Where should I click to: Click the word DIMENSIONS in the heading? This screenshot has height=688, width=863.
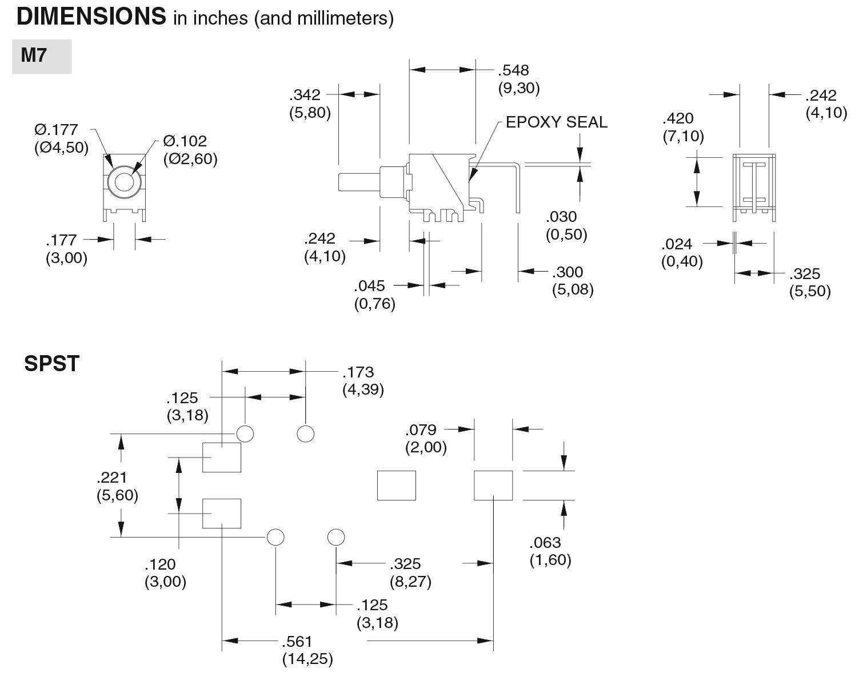point(91,17)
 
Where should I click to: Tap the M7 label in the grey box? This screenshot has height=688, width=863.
point(34,55)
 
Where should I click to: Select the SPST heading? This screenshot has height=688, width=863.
point(52,364)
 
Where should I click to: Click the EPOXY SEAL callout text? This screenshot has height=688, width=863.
point(556,122)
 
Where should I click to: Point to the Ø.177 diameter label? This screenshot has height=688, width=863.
point(56,130)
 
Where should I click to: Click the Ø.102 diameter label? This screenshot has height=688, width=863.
point(185,141)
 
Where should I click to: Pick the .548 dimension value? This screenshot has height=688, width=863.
point(513,70)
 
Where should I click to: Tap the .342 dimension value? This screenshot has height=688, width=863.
point(305,95)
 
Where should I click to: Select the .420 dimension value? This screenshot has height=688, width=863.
point(678,118)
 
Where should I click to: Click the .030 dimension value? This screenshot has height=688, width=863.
point(561,217)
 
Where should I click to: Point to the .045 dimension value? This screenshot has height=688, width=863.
point(369,286)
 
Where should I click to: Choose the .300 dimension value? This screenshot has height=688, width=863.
point(568,272)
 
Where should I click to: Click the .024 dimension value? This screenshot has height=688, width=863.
point(677,244)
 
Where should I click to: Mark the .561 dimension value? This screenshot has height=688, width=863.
point(297,642)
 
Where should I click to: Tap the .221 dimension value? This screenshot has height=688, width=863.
point(111,478)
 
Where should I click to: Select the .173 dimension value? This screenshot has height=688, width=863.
point(358,372)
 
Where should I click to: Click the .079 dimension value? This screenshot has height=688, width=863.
point(421,430)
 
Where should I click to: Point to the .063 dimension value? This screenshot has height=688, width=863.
point(545,543)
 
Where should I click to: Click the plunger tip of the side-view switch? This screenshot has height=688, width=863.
point(339,182)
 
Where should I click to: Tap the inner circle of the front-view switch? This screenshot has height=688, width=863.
point(125,182)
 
